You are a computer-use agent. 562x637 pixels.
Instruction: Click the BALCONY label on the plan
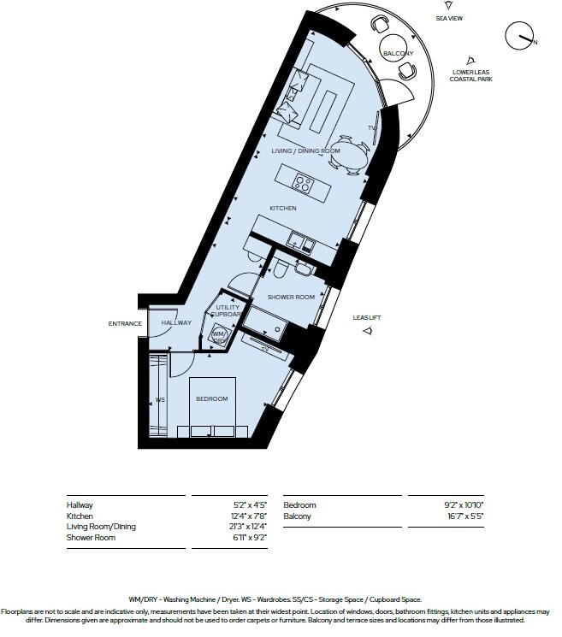(x=398, y=54)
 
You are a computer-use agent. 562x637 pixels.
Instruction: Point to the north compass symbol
(x=518, y=36)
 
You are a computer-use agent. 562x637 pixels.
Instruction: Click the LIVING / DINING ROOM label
(x=305, y=151)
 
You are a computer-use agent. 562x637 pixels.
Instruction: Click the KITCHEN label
(x=283, y=209)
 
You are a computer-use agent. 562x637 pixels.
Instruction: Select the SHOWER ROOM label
(x=292, y=298)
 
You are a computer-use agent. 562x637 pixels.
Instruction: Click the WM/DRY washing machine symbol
(x=220, y=336)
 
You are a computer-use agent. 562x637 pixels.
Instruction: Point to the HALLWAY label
(x=176, y=322)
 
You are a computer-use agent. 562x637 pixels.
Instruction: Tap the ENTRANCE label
(x=124, y=323)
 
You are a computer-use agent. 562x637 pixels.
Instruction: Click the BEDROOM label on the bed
(x=211, y=399)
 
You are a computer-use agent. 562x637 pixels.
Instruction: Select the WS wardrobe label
(x=160, y=400)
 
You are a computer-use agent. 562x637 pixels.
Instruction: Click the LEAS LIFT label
(x=367, y=318)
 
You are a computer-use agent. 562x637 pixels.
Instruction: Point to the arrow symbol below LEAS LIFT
(x=367, y=331)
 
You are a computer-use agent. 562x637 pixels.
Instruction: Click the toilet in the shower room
(x=282, y=269)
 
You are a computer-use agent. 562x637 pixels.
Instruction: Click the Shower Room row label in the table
(x=91, y=538)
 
